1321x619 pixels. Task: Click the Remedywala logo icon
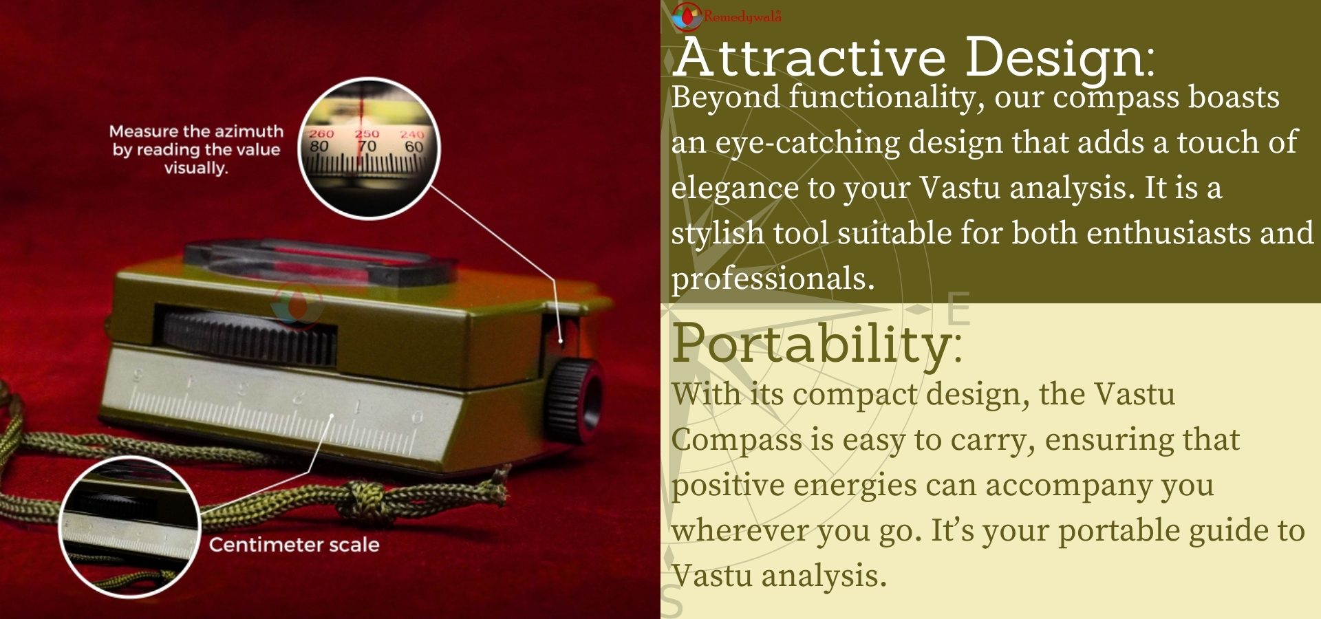click(x=686, y=17)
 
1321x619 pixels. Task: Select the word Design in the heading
click(x=1055, y=59)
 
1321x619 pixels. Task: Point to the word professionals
click(x=772, y=279)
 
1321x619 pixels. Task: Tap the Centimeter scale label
click(x=294, y=545)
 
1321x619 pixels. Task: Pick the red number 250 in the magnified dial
click(x=367, y=134)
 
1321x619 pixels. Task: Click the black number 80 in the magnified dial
click(x=319, y=146)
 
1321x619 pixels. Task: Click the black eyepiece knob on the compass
click(x=577, y=400)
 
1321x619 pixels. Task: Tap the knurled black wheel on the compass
click(x=248, y=337)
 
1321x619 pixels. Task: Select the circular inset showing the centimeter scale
click(x=129, y=526)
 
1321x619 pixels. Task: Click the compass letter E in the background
click(x=958, y=309)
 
